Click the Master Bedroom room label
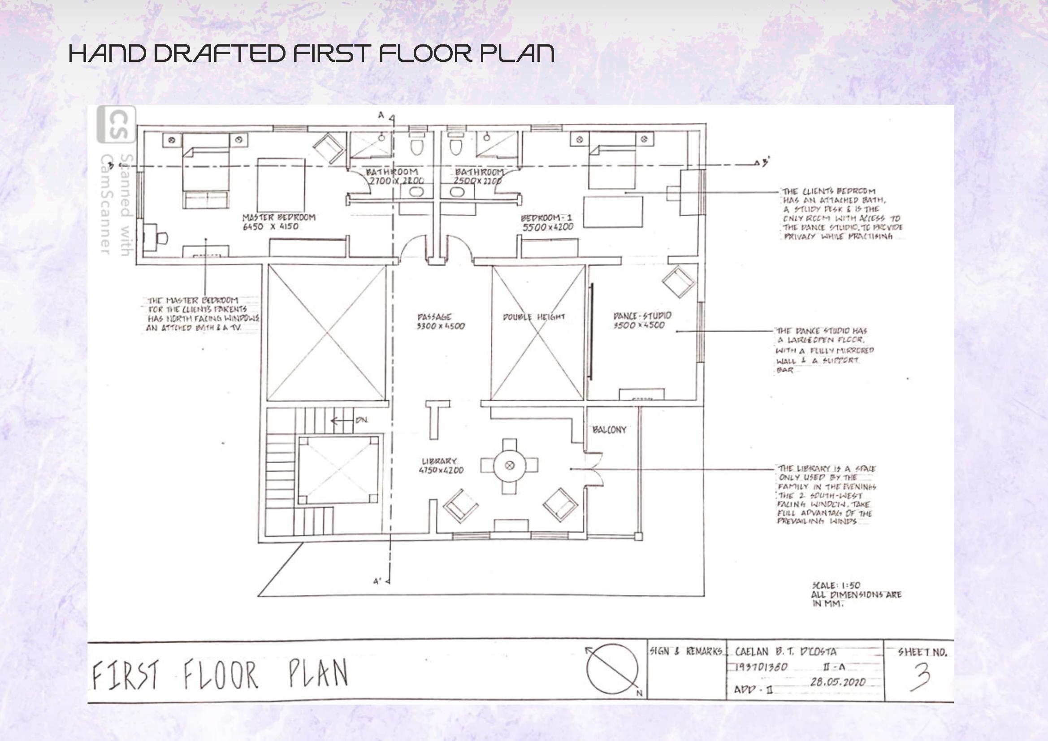pos(278,217)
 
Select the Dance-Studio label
pos(642,316)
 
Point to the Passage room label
pos(434,317)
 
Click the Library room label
pos(440,462)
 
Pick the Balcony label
pos(609,430)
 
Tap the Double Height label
pos(533,317)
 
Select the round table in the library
pos(509,466)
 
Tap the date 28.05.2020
pos(838,682)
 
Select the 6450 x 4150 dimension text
pos(271,226)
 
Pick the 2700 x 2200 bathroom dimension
pos(396,181)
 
